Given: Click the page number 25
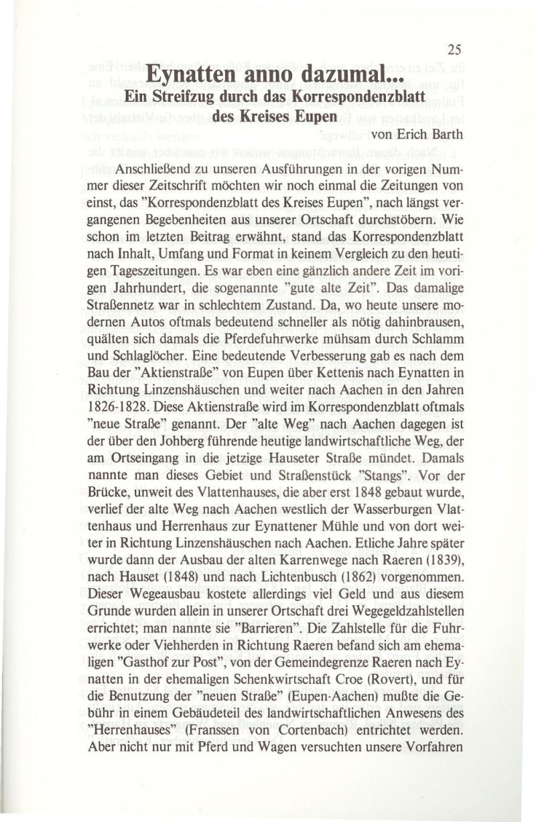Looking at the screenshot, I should click(x=454, y=48).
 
